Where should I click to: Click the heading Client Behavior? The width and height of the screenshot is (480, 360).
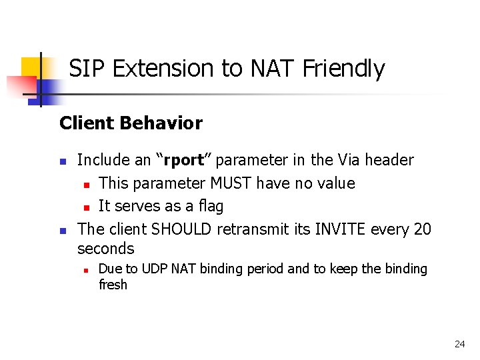click(131, 123)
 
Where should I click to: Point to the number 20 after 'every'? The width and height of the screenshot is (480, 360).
click(422, 229)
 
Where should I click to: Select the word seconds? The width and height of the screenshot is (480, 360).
click(106, 249)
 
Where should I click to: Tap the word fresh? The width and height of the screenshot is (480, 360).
click(113, 285)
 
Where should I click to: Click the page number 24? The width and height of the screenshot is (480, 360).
click(459, 344)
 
